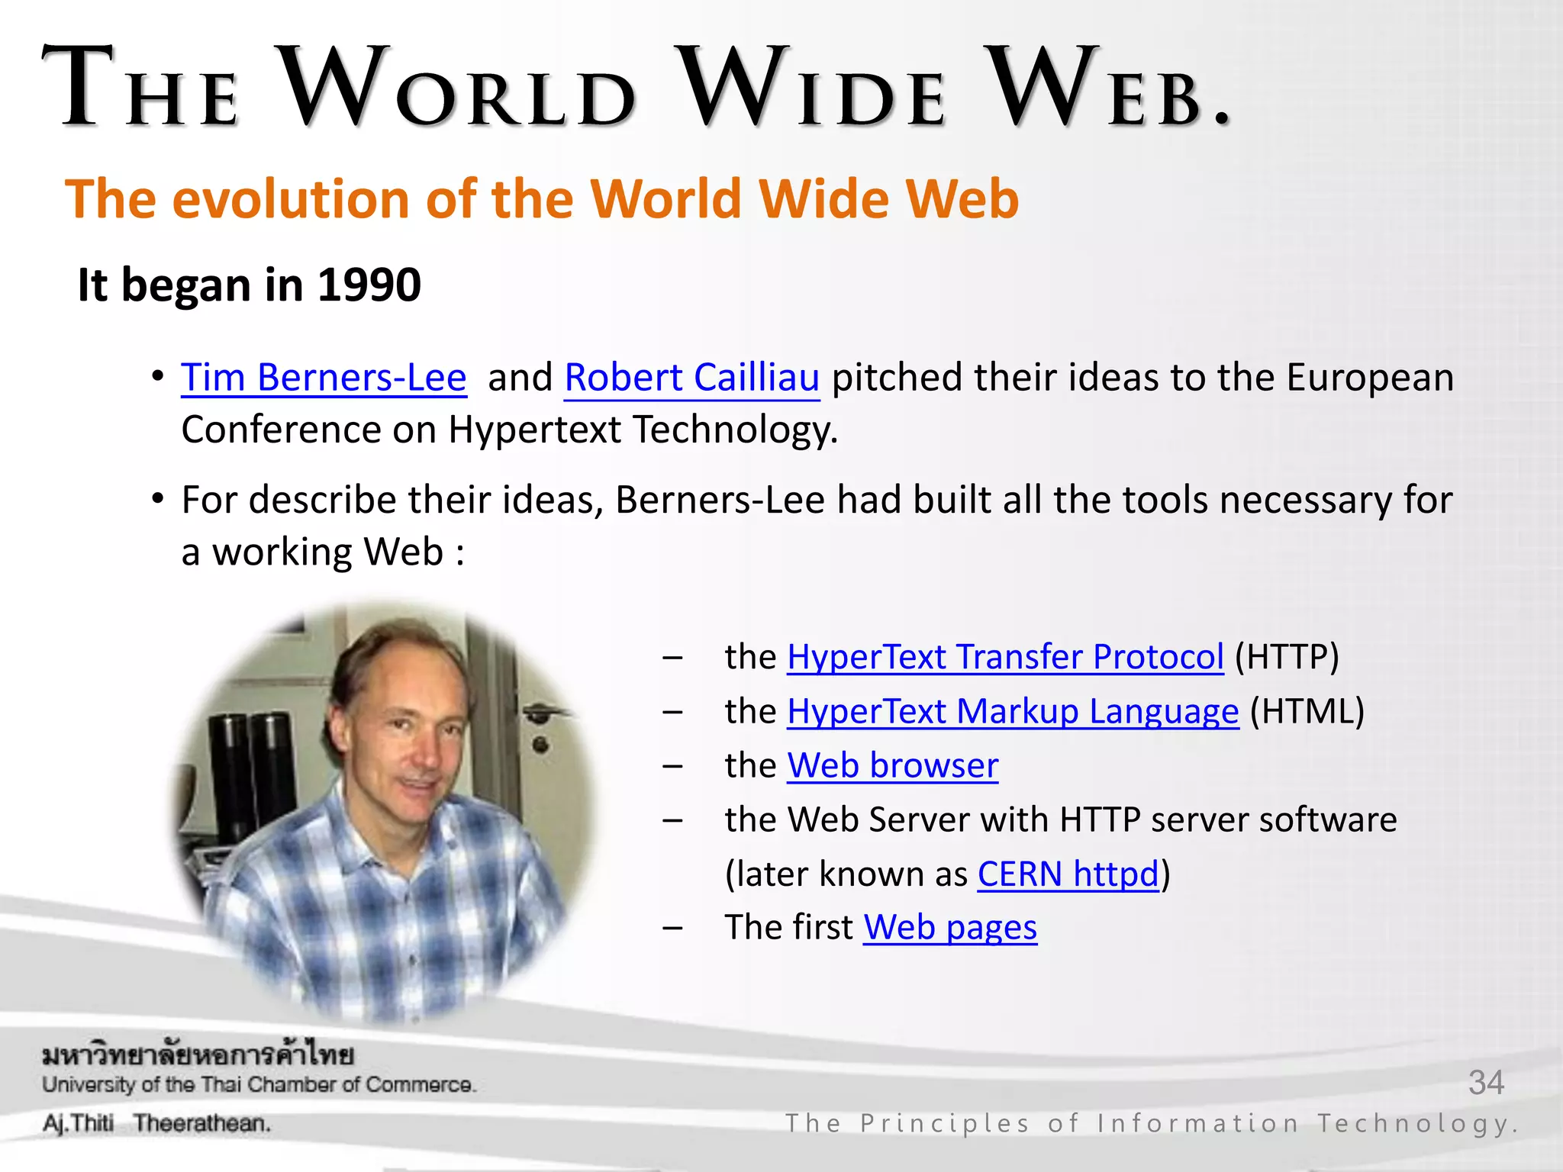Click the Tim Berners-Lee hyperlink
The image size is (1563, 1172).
click(323, 378)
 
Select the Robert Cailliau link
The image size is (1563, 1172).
click(691, 378)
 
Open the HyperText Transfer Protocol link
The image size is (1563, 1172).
click(1005, 658)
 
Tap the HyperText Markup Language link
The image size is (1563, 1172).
click(1013, 712)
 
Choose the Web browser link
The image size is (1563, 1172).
click(892, 766)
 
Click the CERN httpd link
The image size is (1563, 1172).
click(1068, 874)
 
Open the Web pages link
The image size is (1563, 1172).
click(950, 929)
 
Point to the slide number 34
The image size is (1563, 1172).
click(1485, 1083)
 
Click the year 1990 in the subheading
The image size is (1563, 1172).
click(369, 285)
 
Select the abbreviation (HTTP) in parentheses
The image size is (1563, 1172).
click(1287, 658)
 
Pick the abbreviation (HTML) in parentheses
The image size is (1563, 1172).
click(1307, 712)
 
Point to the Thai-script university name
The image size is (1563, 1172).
click(198, 1055)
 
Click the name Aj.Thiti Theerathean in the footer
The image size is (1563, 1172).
click(156, 1124)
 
